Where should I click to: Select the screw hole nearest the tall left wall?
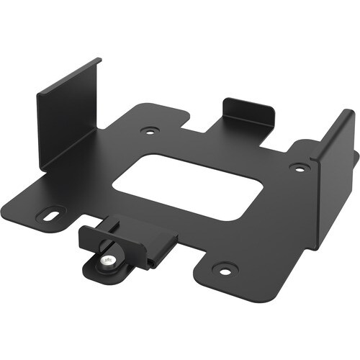149,132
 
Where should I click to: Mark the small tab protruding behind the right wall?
356,158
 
